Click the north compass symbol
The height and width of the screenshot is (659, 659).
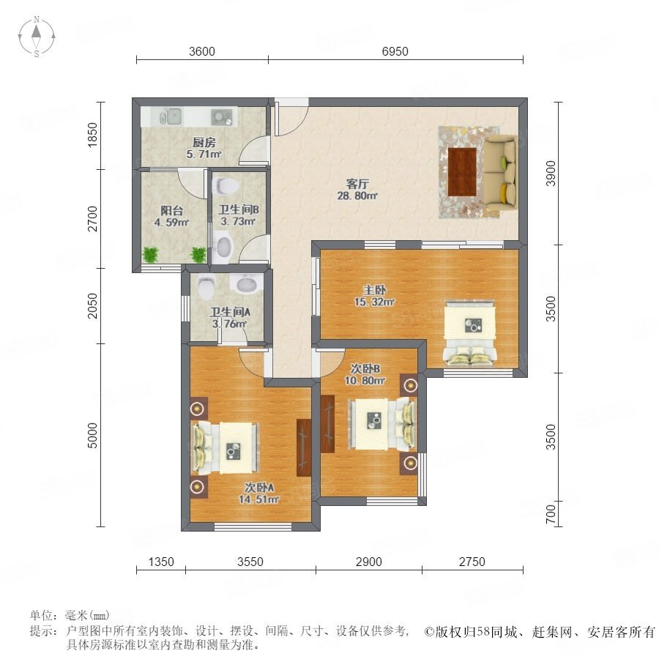(x=37, y=36)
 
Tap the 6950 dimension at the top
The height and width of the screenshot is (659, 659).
(x=395, y=51)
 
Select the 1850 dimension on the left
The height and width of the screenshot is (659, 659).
(x=92, y=135)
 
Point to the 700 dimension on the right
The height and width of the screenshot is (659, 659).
(x=550, y=513)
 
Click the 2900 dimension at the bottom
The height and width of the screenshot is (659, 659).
(x=368, y=562)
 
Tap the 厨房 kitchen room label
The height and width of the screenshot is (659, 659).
(x=204, y=143)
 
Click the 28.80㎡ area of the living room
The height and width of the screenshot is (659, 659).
(x=357, y=196)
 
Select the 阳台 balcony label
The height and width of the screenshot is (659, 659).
(x=171, y=210)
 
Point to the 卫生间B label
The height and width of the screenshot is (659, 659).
(x=238, y=209)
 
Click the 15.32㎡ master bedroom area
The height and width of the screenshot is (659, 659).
(x=374, y=302)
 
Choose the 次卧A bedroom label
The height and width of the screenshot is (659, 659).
(x=259, y=488)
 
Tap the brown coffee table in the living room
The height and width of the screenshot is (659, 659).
(x=462, y=171)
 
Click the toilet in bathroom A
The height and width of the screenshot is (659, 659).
(x=206, y=287)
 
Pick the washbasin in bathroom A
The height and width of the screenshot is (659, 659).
(x=247, y=283)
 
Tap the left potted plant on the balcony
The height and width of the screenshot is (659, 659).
(x=150, y=254)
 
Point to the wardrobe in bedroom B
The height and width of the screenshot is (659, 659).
(x=327, y=424)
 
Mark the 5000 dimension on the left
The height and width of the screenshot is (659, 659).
(x=92, y=436)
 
